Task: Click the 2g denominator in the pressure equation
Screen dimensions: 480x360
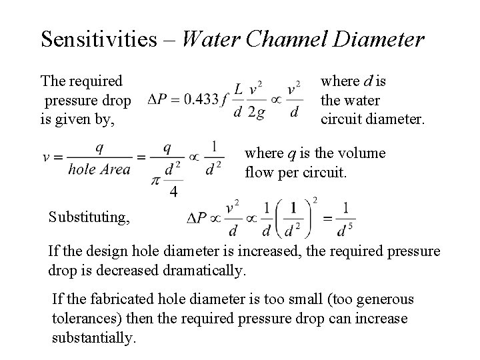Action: (x=255, y=112)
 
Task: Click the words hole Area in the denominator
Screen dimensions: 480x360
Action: (x=99, y=170)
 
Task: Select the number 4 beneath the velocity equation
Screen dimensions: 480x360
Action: (x=173, y=192)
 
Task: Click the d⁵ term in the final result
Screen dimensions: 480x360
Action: (x=347, y=231)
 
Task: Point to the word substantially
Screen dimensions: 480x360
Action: (x=94, y=337)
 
